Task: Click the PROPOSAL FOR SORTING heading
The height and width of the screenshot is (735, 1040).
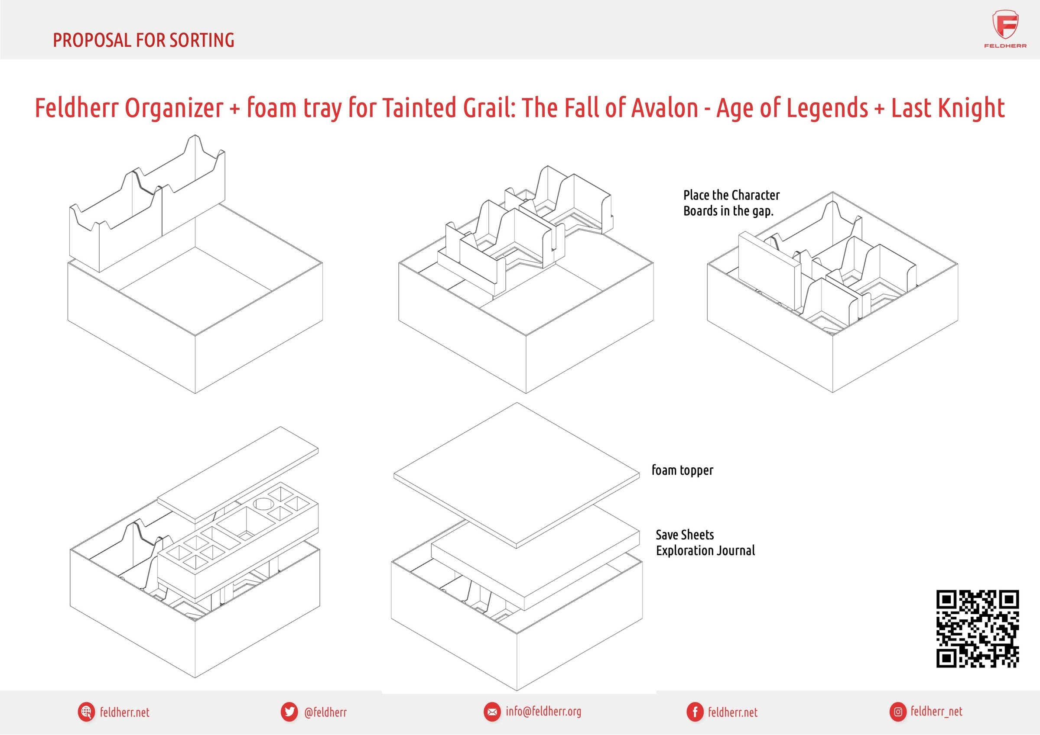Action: (x=143, y=40)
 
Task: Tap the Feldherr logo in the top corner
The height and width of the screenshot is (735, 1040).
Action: (x=1005, y=29)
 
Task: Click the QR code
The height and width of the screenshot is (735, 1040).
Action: (x=978, y=628)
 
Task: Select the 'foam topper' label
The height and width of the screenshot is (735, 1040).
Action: (x=682, y=470)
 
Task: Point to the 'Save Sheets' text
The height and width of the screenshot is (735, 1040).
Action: (x=684, y=535)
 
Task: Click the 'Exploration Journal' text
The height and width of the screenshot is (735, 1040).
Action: (x=705, y=550)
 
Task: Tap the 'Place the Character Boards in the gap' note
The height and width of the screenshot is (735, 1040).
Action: (x=731, y=203)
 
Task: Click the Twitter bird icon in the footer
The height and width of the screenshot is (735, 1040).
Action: (x=289, y=712)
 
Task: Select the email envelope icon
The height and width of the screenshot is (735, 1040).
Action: (x=491, y=712)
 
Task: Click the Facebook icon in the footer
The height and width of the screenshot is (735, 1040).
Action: (x=694, y=712)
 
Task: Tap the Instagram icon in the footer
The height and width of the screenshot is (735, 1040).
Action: (x=897, y=712)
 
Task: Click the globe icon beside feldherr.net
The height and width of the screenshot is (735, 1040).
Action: (x=86, y=712)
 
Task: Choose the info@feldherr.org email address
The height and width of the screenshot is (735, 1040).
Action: (x=543, y=712)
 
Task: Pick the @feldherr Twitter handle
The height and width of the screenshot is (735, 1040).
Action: (x=325, y=712)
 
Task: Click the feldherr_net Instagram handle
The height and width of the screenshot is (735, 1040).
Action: (x=936, y=712)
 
